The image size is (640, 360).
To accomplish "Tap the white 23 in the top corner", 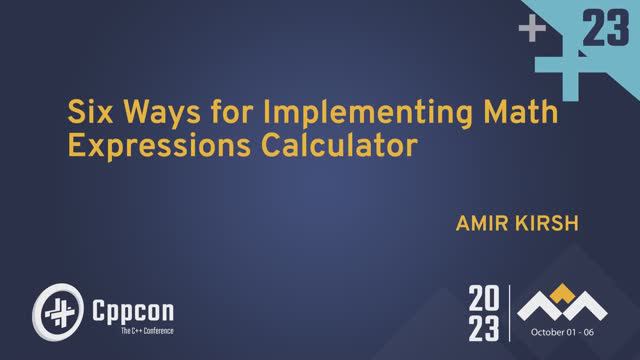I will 605,33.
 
